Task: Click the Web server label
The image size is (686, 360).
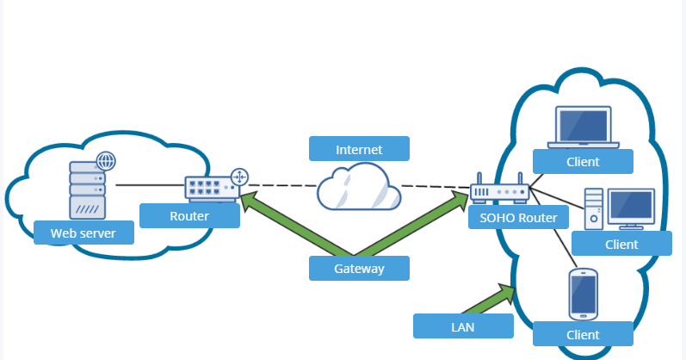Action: (x=83, y=233)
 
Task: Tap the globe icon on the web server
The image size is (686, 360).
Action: (x=106, y=161)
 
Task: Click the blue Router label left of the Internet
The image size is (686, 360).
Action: (x=189, y=215)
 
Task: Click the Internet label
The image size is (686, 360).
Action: (x=359, y=149)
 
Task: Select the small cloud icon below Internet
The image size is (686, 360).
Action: (x=358, y=189)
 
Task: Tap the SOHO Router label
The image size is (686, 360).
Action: (x=519, y=218)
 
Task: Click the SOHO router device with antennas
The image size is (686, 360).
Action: (x=498, y=191)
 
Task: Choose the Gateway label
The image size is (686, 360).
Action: (x=359, y=269)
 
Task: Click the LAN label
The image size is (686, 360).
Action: (x=463, y=326)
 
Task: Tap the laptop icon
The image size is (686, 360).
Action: (x=584, y=127)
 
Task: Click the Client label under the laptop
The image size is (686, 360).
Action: (x=583, y=161)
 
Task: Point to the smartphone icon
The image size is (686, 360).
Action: (x=584, y=294)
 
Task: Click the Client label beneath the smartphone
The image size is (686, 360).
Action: (x=583, y=333)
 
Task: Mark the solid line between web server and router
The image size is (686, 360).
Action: (x=151, y=185)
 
